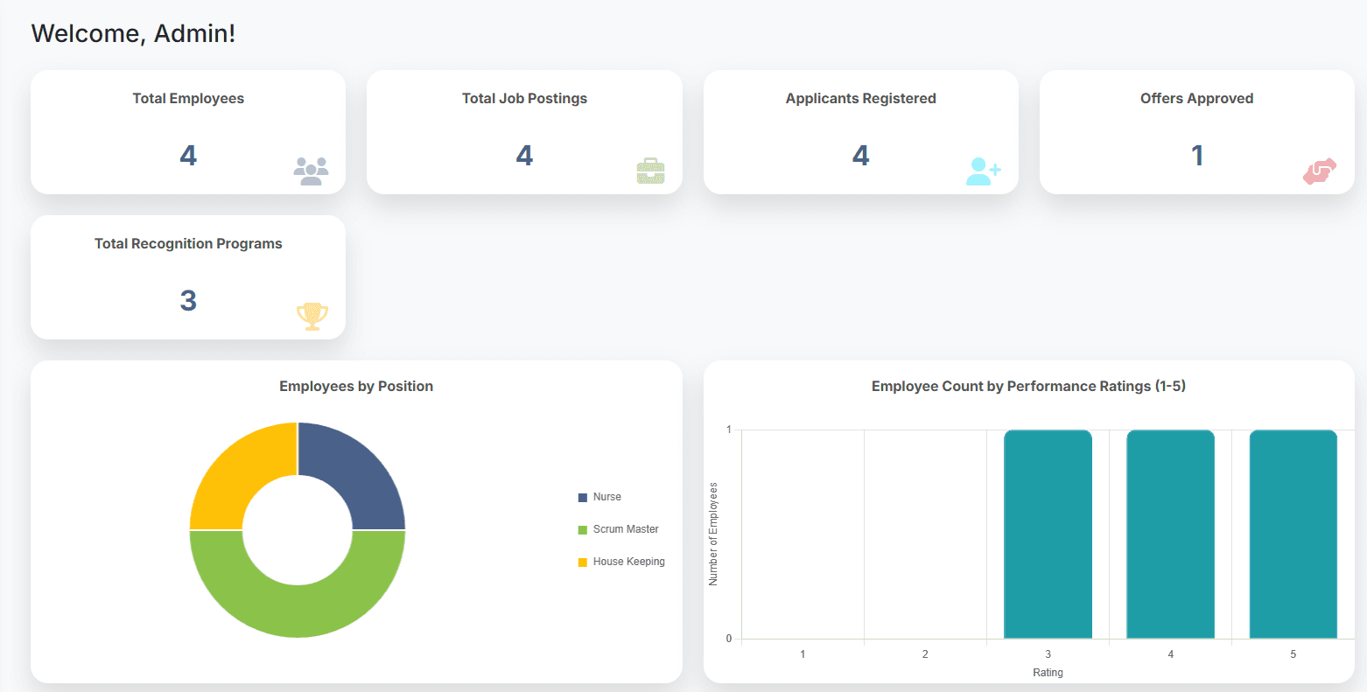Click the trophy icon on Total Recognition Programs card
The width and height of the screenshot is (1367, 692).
pyautogui.click(x=312, y=315)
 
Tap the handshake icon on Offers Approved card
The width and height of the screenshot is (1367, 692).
pyautogui.click(x=1320, y=171)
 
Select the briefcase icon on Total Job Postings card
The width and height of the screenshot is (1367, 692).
pyautogui.click(x=650, y=171)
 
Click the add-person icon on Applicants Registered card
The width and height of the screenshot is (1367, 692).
pyautogui.click(x=983, y=171)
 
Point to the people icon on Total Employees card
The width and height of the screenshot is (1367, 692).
pyautogui.click(x=311, y=171)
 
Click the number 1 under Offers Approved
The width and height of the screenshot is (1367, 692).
pyautogui.click(x=1196, y=156)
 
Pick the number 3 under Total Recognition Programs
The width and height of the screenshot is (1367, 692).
pyautogui.click(x=188, y=301)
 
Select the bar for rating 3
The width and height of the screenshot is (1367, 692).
pyautogui.click(x=1048, y=534)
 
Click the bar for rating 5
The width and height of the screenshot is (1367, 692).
pyautogui.click(x=1293, y=534)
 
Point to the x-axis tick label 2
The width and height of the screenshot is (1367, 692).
pyautogui.click(x=925, y=654)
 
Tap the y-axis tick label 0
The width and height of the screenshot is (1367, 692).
pyautogui.click(x=729, y=639)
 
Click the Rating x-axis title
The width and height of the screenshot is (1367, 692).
pyautogui.click(x=1048, y=673)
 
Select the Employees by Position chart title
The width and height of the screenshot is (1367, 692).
pyautogui.click(x=356, y=387)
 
